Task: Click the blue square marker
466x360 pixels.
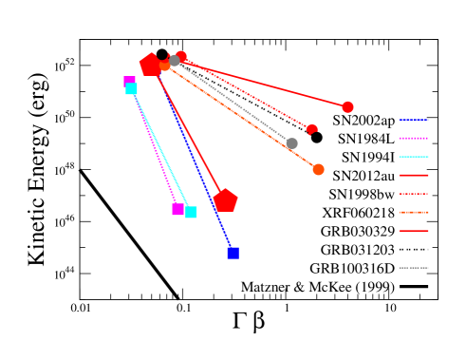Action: click(x=233, y=253)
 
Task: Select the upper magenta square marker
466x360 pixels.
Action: click(x=129, y=82)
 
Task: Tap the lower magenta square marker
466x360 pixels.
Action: click(x=177, y=209)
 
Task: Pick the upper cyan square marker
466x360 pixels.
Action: click(x=132, y=89)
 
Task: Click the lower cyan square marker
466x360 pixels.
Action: click(x=191, y=212)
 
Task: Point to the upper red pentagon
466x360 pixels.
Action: click(x=150, y=65)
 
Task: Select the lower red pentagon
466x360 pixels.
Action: click(x=225, y=200)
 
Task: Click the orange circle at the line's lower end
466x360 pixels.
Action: click(x=318, y=169)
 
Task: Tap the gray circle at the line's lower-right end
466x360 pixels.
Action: click(x=291, y=143)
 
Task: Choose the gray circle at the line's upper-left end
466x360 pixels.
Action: click(x=175, y=61)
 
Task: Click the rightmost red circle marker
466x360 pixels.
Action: click(x=347, y=107)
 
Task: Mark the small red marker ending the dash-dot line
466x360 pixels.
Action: click(x=311, y=129)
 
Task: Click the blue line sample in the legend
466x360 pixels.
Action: click(x=413, y=120)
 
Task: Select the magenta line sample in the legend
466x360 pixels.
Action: click(x=413, y=138)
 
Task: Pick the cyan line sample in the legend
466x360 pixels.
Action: click(x=413, y=157)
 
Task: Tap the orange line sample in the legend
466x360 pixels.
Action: click(x=413, y=212)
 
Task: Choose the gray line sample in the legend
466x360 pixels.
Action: click(x=413, y=268)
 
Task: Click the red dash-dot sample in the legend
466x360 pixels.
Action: click(x=413, y=194)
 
